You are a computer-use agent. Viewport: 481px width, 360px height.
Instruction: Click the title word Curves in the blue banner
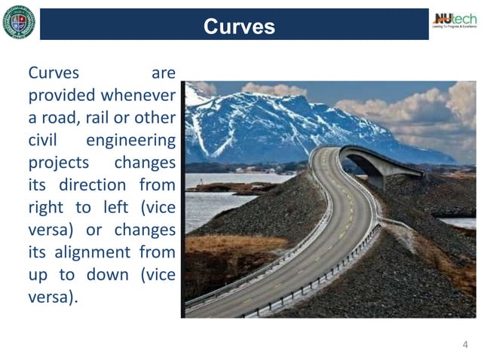239,26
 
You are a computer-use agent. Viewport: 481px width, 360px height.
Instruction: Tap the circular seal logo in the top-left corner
18,22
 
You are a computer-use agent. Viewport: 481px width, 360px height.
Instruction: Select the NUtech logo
454,20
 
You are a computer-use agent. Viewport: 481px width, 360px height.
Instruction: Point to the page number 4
465,345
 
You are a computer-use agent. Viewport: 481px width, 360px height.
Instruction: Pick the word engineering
130,140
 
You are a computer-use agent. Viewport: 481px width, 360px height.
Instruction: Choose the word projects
58,163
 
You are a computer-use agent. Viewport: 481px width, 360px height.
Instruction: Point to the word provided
61,96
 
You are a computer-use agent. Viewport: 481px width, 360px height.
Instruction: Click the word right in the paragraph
46,207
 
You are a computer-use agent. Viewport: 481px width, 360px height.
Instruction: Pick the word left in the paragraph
115,207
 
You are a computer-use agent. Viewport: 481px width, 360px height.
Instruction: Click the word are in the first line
163,73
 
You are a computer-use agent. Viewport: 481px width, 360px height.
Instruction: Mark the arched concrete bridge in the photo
377,163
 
